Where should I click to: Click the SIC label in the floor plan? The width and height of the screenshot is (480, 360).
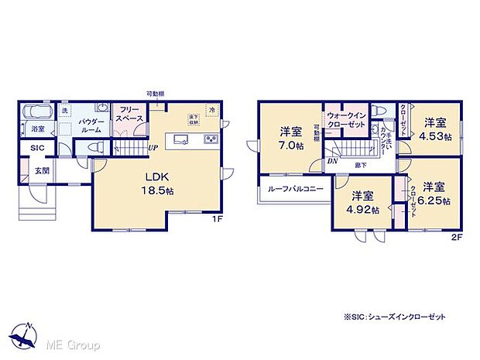click(37, 148)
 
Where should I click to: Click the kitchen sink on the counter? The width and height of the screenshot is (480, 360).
click(180, 139)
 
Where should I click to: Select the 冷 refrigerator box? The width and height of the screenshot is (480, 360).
click(211, 111)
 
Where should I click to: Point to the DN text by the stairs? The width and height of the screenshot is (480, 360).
click(331, 161)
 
